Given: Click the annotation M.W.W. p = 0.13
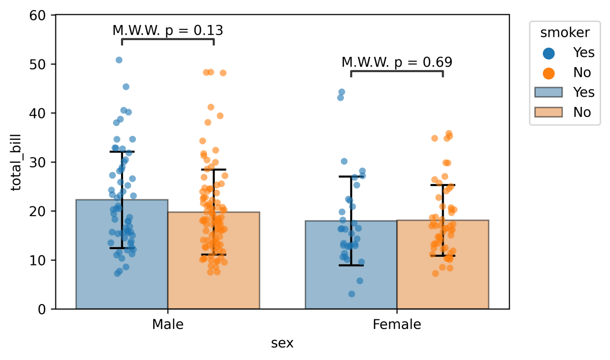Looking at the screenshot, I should coord(167,31).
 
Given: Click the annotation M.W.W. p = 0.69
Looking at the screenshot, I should coord(397,63).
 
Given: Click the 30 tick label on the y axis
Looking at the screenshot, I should coord(42,162).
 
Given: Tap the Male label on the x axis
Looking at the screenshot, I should coord(167,324).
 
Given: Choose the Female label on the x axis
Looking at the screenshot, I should coord(397,324).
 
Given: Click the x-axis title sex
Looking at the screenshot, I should coord(282,343).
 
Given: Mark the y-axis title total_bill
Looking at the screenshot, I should coord(17,162).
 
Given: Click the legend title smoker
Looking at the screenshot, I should coord(565,33).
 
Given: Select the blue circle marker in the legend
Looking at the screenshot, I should coord(548,52).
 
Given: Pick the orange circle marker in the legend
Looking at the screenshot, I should coord(548,72).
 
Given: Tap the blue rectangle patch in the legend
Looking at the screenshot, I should coord(548,92).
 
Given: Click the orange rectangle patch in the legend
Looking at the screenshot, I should coord(548,112).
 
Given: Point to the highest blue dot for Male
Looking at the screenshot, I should coord(119,60).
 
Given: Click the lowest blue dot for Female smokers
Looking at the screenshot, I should coord(352,294).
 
